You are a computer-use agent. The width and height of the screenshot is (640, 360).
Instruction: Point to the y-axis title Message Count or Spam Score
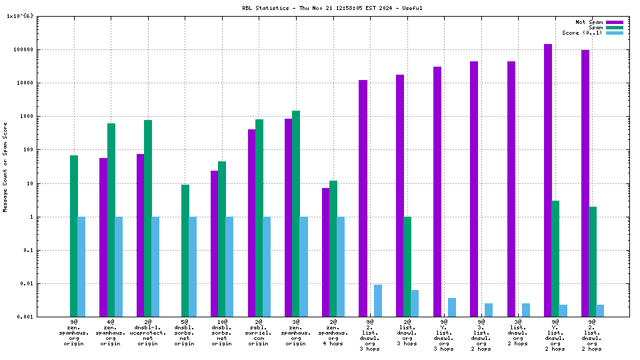click(x=5, y=167)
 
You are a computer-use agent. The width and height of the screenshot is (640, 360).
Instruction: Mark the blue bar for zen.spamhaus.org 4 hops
click(x=341, y=267)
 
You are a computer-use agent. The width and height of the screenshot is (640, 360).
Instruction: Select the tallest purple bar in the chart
click(x=547, y=180)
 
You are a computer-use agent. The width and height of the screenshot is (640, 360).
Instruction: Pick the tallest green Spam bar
click(x=296, y=213)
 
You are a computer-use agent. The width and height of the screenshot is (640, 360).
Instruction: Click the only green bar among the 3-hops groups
click(x=407, y=267)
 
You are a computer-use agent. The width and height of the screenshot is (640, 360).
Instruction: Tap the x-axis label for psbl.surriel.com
click(x=259, y=333)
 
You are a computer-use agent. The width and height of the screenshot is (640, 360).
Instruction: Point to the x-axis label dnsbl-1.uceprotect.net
click(x=147, y=333)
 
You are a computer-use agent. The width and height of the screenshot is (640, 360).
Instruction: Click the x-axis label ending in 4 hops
click(x=333, y=333)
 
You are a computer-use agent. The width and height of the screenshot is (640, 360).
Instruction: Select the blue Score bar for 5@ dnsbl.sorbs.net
click(x=193, y=267)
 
